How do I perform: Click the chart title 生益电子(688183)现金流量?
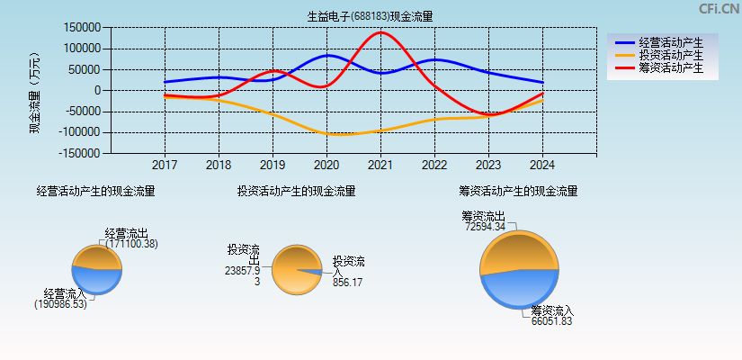tap(370, 16)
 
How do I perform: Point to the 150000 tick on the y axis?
tap(82, 28)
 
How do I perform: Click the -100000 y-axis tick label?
tap(79, 132)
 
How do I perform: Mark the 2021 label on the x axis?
tap(380, 166)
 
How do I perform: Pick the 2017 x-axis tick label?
tap(165, 166)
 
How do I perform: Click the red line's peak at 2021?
tap(380, 32)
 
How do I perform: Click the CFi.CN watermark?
tap(719, 9)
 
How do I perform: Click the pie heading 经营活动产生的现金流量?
tap(95, 191)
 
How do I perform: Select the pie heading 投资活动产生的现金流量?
tap(296, 191)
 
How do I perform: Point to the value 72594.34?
tap(486, 227)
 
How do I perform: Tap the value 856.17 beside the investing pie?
tap(347, 282)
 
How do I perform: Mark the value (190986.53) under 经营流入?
tap(61, 304)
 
